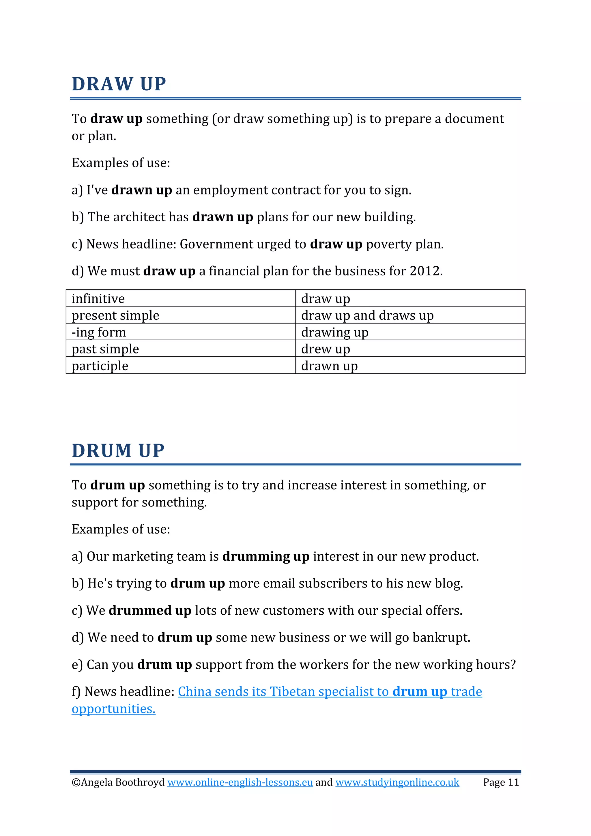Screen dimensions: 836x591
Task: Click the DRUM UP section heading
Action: point(118,450)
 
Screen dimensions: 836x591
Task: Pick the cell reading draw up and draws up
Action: point(367,315)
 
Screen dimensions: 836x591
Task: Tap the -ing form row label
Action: point(99,332)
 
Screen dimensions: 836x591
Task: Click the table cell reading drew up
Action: point(326,349)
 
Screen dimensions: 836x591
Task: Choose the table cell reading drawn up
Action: point(329,366)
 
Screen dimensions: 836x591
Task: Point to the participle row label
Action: point(100,366)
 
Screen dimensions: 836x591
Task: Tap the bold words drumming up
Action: point(265,556)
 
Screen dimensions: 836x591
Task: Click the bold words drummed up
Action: point(150,610)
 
